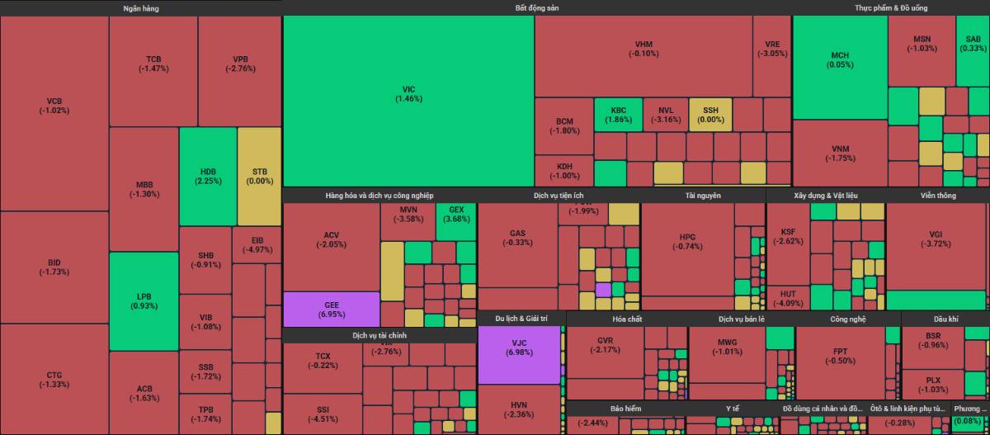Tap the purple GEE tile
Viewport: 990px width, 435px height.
[x=331, y=309]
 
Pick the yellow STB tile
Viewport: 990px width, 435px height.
[x=259, y=177]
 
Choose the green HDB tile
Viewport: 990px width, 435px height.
[x=207, y=177]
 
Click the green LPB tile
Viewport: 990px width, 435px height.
[x=144, y=301]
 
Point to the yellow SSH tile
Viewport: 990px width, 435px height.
[x=710, y=115]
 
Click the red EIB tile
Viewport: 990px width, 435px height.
[x=259, y=244]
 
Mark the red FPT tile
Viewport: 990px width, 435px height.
[x=840, y=356]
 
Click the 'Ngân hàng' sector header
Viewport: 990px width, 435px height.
[x=140, y=8]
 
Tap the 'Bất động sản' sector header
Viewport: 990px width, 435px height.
[x=537, y=8]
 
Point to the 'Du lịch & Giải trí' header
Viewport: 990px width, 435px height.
[x=521, y=319]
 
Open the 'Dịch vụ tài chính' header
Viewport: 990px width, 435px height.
[x=379, y=336]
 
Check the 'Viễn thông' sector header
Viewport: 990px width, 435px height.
[x=938, y=196]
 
